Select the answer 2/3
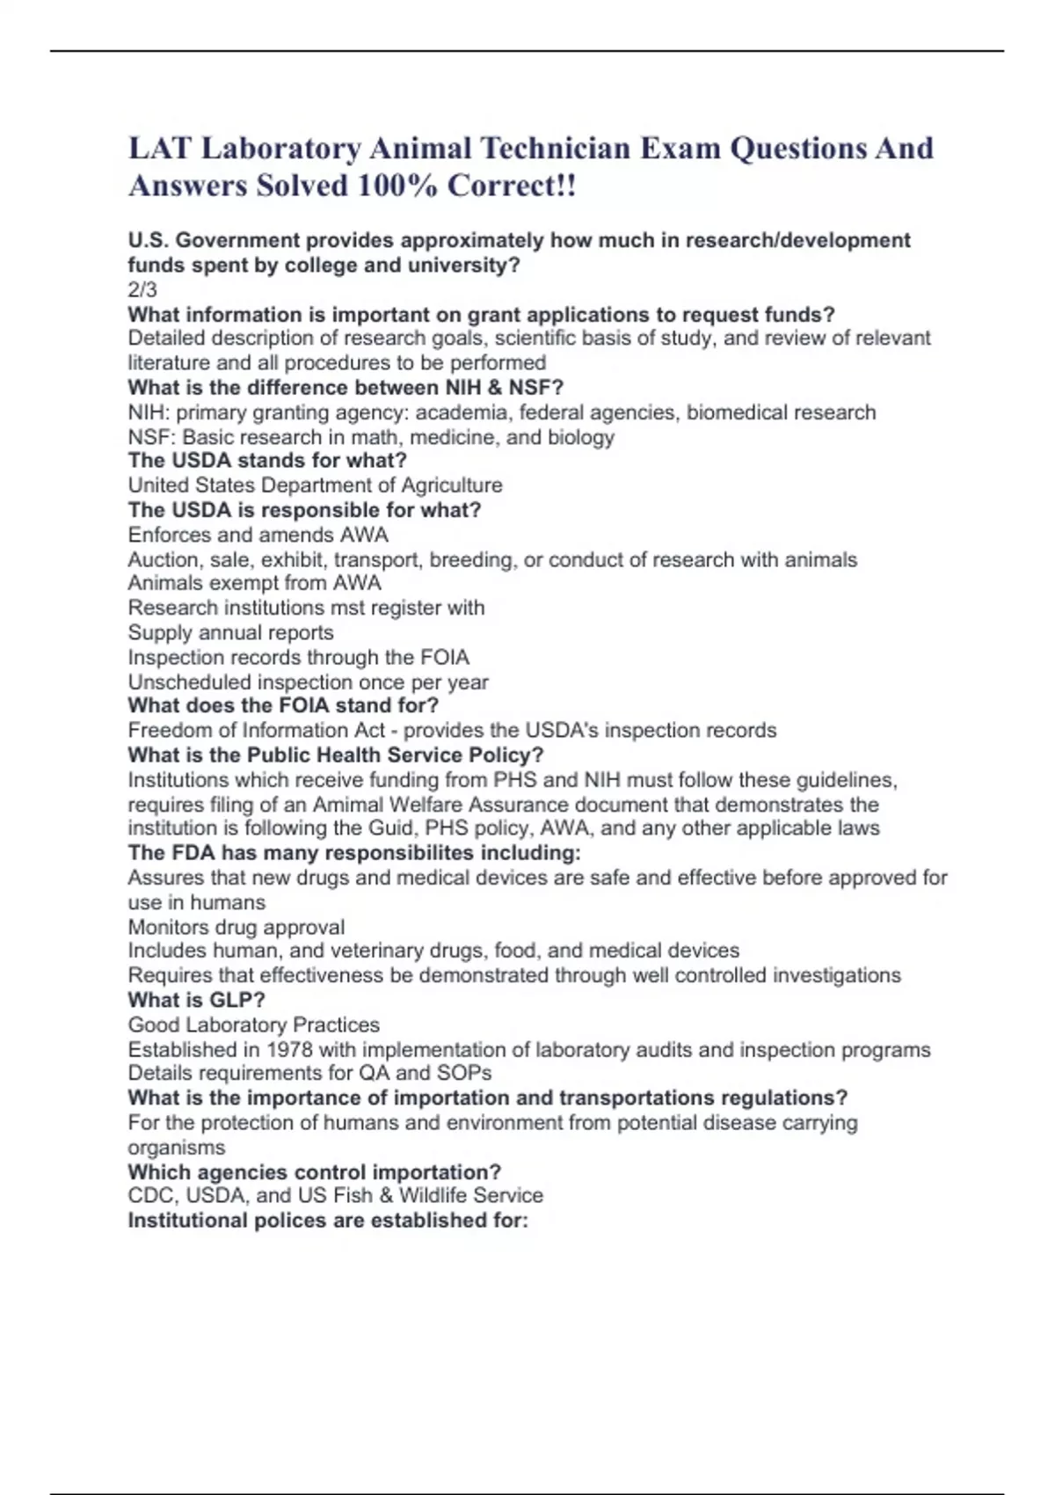(x=142, y=289)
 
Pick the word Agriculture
(x=452, y=485)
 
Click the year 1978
(x=289, y=1049)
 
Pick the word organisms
(x=177, y=1148)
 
